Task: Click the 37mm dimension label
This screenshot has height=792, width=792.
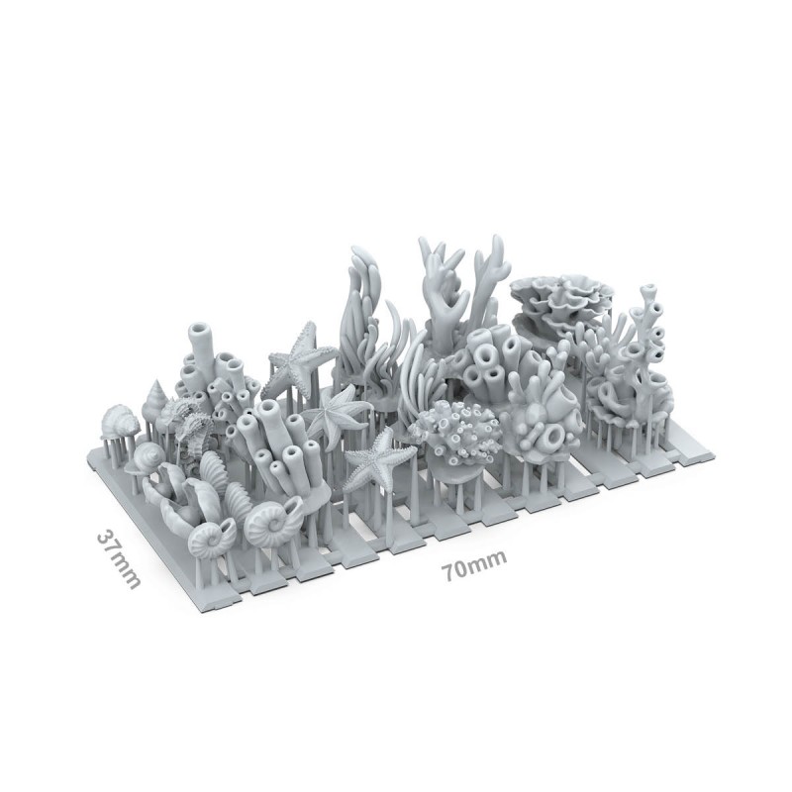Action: (x=118, y=558)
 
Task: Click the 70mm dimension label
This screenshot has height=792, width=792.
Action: (x=474, y=564)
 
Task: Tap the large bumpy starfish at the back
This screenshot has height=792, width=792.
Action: (x=298, y=360)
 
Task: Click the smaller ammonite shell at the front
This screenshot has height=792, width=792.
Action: (x=211, y=539)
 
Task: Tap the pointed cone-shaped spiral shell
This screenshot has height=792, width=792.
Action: (x=155, y=397)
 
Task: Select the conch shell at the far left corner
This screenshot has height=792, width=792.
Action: (x=119, y=422)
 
